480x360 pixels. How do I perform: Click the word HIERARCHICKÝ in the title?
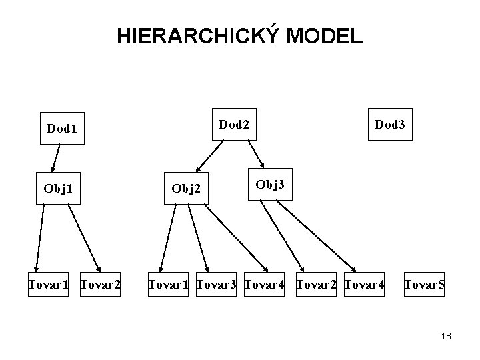[x=198, y=36]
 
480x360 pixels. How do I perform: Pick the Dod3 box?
[x=389, y=123]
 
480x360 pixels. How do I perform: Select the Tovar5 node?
[x=424, y=286]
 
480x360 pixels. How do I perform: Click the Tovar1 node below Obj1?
[x=48, y=286]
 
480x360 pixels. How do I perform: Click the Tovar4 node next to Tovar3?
[x=265, y=286]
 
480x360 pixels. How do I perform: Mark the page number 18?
[x=446, y=337]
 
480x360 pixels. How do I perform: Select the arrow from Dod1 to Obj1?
[x=56, y=157]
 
